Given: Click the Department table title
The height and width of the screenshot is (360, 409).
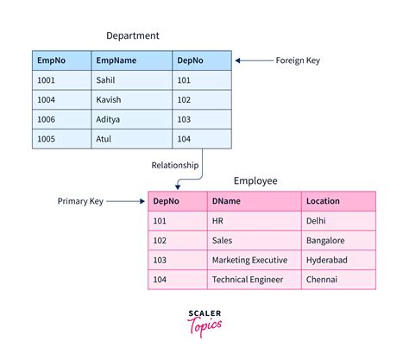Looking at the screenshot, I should tap(132, 35).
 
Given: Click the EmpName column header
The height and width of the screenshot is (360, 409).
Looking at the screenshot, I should tap(117, 61).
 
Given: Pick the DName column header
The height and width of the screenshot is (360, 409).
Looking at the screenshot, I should tap(227, 201).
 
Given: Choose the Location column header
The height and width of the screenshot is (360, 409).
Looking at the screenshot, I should tap(323, 201).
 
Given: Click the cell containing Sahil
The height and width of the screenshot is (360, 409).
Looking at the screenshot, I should tap(108, 80).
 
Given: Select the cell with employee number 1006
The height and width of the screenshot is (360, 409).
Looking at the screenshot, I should tap(47, 119).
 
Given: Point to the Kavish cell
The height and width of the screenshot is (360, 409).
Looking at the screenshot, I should tap(111, 100).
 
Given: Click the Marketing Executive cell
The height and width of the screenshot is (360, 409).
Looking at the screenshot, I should tap(250, 260).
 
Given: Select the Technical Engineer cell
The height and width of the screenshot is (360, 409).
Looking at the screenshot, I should tap(248, 280).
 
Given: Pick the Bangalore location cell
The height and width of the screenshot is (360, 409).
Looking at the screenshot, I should tap(325, 240).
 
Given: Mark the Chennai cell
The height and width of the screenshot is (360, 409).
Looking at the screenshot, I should tap(321, 280).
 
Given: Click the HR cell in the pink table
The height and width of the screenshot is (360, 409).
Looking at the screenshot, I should tap(217, 221).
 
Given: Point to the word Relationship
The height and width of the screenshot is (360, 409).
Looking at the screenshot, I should tap(175, 165).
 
